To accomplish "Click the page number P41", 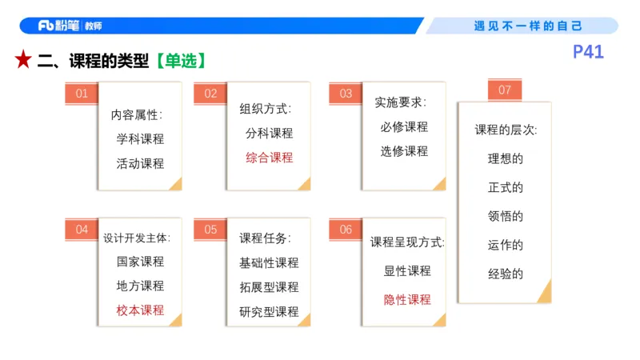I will click(588, 53).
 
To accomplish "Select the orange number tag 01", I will click(82, 94).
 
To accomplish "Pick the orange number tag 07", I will click(504, 90).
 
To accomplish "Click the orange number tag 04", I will click(82, 230).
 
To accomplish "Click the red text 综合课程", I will click(269, 157).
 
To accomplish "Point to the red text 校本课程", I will click(140, 310).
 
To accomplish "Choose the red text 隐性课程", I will click(406, 299).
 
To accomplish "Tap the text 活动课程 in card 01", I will click(140, 163).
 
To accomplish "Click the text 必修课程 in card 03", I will click(404, 126).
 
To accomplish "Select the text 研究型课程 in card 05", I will click(269, 311).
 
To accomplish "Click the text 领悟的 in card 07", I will click(505, 216).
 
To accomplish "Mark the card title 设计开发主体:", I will click(137, 238).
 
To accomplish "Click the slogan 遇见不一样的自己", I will click(528, 26).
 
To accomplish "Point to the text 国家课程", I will click(140, 262).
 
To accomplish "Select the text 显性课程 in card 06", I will click(406, 270).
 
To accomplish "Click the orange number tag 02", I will click(210, 94).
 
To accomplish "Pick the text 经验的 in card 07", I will click(505, 274).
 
